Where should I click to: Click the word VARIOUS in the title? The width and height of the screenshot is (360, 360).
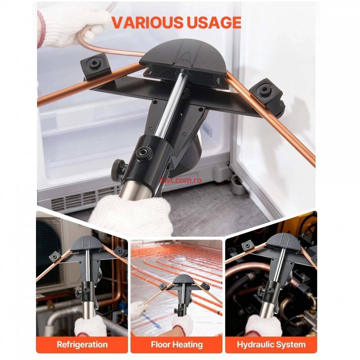(147, 22)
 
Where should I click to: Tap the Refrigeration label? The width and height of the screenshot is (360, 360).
(82, 344)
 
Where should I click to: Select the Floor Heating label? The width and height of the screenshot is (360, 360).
(177, 344)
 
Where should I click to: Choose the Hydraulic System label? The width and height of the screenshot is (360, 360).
(271, 344)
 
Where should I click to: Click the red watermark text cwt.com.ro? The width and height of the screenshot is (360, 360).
(180, 180)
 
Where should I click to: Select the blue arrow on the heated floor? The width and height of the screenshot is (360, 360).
(151, 321)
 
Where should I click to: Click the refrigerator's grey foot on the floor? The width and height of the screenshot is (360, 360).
(236, 186)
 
